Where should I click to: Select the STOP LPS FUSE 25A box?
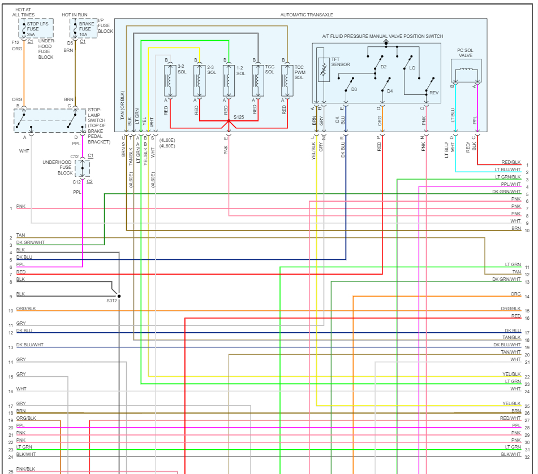click(36, 28)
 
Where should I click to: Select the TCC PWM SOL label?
click(299, 72)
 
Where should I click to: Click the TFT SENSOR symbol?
click(324, 69)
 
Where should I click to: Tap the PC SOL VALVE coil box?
click(466, 71)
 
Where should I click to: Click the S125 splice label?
click(239, 117)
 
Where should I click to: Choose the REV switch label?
click(434, 93)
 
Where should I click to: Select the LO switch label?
click(412, 67)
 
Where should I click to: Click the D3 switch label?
click(354, 89)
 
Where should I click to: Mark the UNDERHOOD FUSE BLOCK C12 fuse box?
click(82, 168)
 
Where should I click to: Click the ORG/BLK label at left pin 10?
click(26, 309)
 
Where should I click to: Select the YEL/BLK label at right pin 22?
click(511, 374)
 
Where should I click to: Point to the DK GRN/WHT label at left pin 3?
click(31, 242)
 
